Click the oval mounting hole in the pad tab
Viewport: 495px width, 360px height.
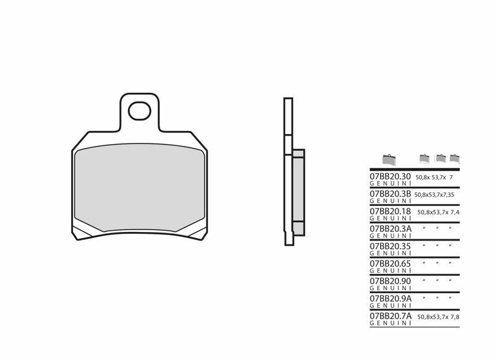[140, 112]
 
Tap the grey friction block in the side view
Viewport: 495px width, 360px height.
[298, 191]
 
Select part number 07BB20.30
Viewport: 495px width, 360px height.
[390, 177]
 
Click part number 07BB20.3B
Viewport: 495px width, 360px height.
[390, 194]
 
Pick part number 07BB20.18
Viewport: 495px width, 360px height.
[390, 211]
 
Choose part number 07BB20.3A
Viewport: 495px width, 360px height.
[390, 228]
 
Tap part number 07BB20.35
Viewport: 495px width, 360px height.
[390, 246]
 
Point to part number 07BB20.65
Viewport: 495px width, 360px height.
[390, 263]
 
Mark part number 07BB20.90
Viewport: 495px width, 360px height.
[390, 280]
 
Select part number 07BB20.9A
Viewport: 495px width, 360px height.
[390, 298]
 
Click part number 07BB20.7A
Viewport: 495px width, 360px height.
[390, 315]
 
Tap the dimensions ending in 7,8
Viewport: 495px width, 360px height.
[439, 316]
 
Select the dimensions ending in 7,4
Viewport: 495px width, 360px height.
[439, 212]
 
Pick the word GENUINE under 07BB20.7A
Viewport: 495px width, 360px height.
[389, 323]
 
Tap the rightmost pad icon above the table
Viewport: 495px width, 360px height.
[455, 158]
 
